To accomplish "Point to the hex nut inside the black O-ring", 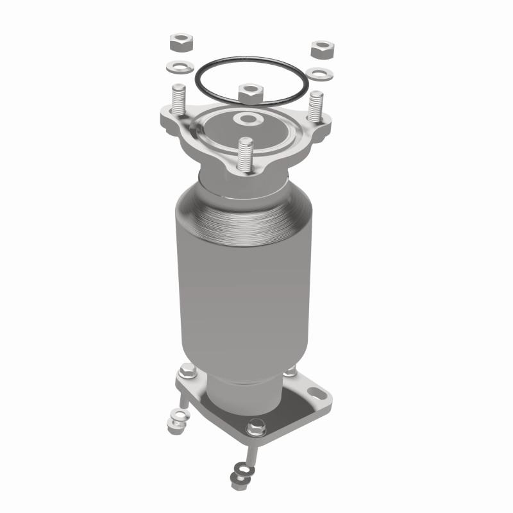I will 249,94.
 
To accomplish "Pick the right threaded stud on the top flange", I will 316,105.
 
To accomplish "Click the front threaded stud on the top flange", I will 244,154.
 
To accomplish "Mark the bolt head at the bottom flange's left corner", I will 187,370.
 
